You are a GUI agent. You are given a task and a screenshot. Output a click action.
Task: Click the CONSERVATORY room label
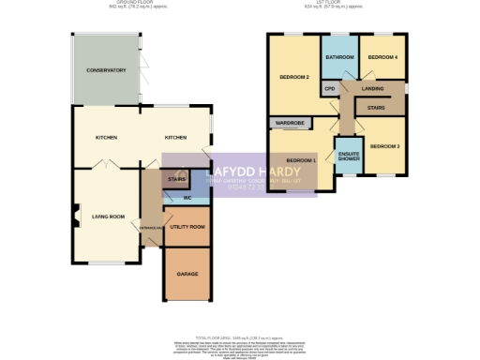[106, 71]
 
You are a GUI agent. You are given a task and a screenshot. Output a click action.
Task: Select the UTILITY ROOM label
[187, 227]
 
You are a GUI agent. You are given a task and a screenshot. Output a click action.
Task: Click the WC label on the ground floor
[187, 199]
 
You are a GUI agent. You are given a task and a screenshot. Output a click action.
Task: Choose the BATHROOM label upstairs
[340, 58]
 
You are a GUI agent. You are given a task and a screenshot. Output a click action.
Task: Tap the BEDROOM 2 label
[294, 77]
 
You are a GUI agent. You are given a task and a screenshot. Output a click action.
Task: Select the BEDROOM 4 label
[382, 58]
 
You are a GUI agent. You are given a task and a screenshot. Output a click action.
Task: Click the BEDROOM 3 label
[384, 147]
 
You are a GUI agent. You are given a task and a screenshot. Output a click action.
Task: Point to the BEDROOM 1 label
[301, 160]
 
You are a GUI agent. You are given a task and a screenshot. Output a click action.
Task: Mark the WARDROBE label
[289, 123]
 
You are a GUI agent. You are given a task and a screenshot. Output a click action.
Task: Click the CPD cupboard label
[329, 89]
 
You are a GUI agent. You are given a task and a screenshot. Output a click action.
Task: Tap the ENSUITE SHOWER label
[349, 155]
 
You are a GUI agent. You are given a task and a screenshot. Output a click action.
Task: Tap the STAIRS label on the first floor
[376, 108]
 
